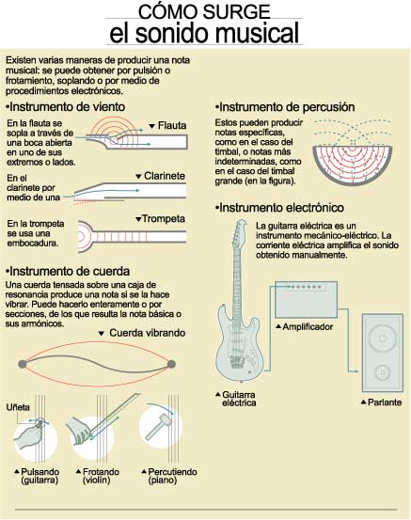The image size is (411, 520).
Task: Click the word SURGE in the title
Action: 236,11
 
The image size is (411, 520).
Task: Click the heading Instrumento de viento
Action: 65,107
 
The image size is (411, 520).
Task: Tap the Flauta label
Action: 172,126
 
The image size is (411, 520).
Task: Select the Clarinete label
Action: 165,176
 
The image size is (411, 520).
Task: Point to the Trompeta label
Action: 164,219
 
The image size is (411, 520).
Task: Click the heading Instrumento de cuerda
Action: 68,271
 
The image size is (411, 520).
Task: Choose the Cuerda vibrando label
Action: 148,333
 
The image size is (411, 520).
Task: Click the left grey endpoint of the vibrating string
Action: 23,364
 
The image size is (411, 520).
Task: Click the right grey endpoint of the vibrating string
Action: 171,364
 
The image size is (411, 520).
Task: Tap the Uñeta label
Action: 18,407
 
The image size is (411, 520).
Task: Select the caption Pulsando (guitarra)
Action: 40,476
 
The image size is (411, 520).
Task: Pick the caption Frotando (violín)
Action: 101,476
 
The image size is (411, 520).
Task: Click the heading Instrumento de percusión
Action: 285,107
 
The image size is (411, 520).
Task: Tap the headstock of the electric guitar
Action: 240,230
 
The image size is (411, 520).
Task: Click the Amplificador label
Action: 308,327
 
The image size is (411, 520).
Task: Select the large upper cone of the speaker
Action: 383,339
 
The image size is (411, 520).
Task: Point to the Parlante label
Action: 385,402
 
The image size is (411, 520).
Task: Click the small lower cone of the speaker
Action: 383,372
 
